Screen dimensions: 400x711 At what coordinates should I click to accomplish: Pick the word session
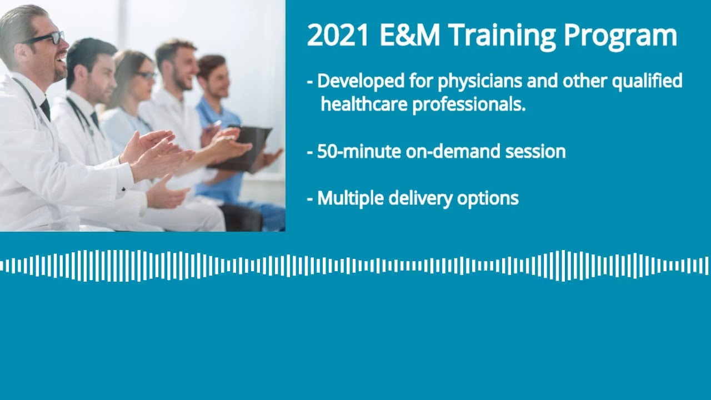(535, 151)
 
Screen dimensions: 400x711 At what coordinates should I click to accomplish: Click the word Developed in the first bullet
(360, 82)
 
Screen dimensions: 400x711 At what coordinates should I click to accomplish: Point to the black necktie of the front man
(45, 108)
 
